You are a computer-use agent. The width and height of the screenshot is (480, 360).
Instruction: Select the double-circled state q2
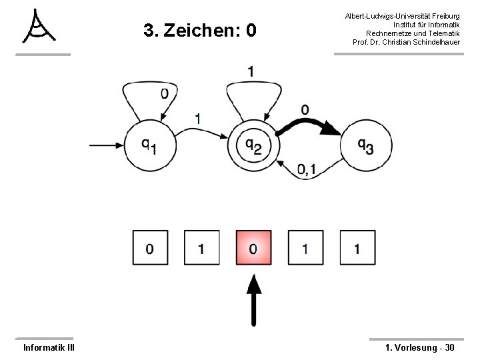click(252, 143)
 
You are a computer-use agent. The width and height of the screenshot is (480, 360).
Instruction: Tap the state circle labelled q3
click(364, 144)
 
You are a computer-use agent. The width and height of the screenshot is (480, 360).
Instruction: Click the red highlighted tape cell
click(253, 249)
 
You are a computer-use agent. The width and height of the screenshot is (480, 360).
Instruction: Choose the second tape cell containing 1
click(201, 249)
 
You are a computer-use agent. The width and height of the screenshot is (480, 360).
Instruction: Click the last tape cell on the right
click(357, 249)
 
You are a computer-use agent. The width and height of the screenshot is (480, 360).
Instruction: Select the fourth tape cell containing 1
click(305, 249)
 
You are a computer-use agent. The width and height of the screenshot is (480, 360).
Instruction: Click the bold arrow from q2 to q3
click(310, 124)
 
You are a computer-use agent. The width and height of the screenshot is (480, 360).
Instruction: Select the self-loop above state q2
click(251, 97)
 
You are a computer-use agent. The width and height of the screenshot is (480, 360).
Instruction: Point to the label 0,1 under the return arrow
click(306, 171)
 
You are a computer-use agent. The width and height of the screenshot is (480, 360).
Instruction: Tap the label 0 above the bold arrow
click(304, 109)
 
